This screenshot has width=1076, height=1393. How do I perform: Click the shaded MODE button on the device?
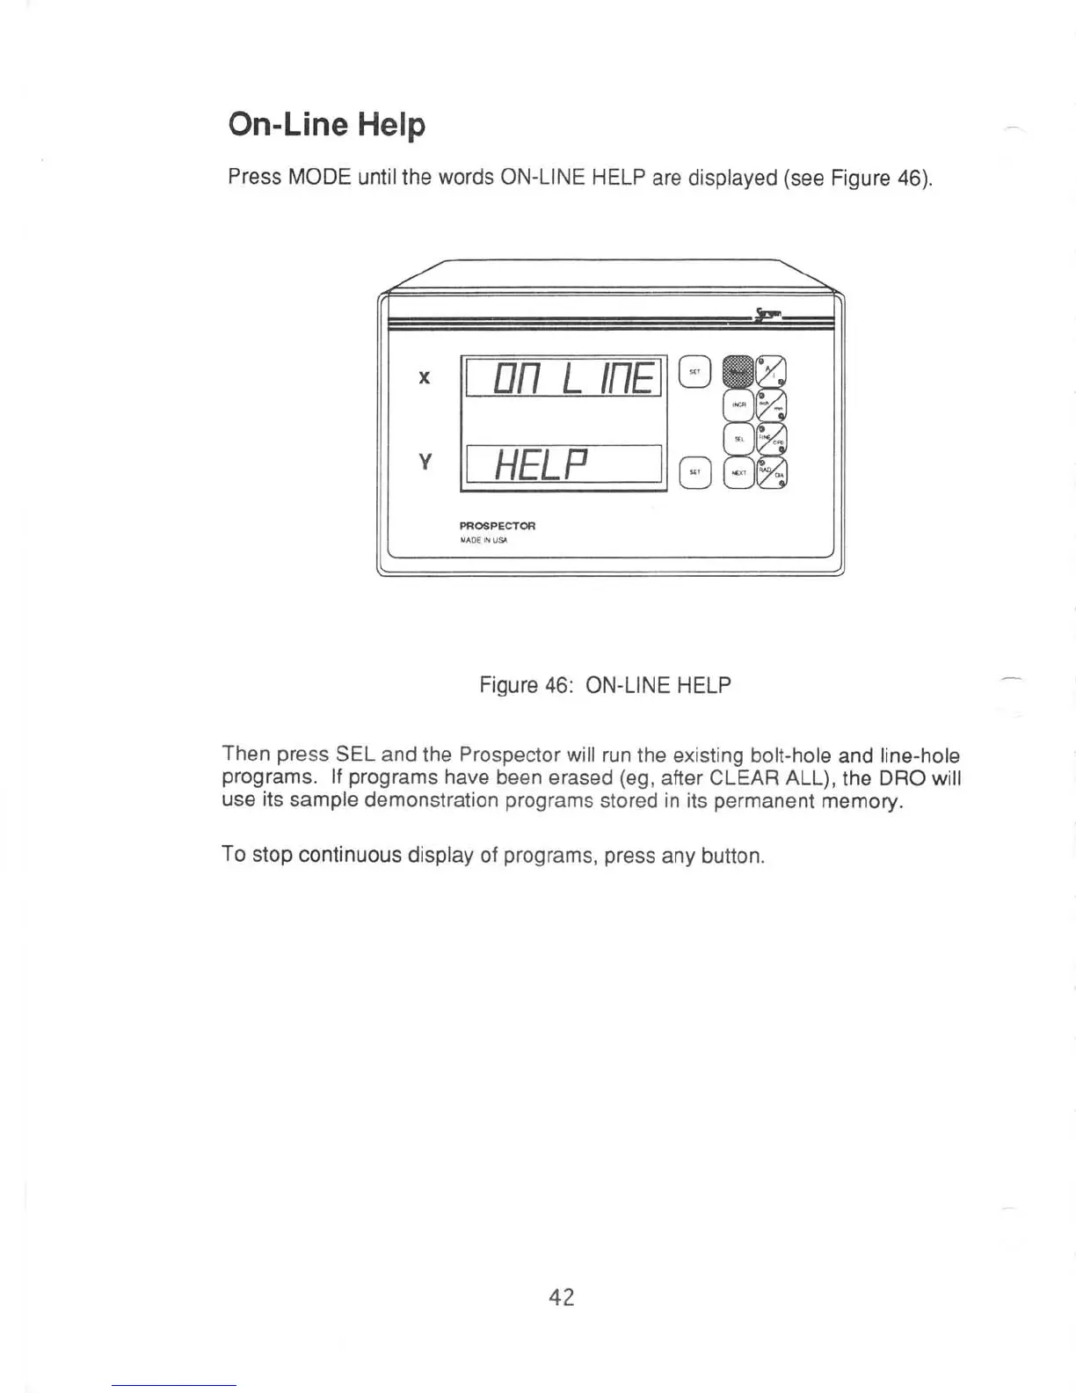pyautogui.click(x=737, y=371)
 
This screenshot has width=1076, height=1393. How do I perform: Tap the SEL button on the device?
pyautogui.click(x=738, y=438)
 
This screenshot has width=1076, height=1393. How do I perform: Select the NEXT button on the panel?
pyautogui.click(x=738, y=472)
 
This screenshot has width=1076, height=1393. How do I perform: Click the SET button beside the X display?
pyautogui.click(x=694, y=372)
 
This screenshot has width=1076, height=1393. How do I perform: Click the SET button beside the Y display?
pyautogui.click(x=694, y=472)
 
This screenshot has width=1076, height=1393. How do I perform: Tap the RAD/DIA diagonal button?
pyautogui.click(x=772, y=472)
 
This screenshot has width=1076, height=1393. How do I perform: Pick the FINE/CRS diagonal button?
pyautogui.click(x=772, y=438)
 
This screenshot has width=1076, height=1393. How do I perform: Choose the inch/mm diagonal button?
pyautogui.click(x=772, y=405)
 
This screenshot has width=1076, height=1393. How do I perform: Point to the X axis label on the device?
pyautogui.click(x=425, y=378)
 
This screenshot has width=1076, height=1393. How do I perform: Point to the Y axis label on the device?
pyautogui.click(x=425, y=461)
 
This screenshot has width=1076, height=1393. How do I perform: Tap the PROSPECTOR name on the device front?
pyautogui.click(x=497, y=526)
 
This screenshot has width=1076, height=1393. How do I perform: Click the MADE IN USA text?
pyautogui.click(x=483, y=540)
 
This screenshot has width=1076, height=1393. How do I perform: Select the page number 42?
pyautogui.click(x=561, y=1297)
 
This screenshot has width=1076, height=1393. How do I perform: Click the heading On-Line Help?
pyautogui.click(x=326, y=124)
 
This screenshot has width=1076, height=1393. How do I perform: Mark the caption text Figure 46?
pyautogui.click(x=527, y=685)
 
